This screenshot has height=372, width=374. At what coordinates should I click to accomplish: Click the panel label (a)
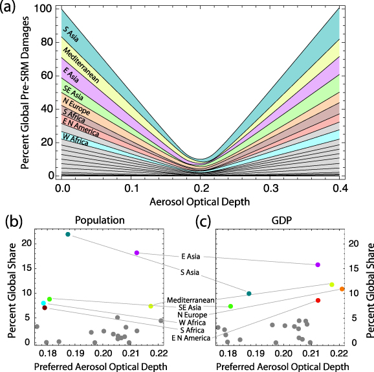(12, 10)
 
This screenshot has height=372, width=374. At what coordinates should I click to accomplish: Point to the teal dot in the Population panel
(68, 234)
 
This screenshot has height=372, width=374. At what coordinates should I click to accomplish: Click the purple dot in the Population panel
(137, 253)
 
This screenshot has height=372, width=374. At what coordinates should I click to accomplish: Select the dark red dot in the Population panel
(45, 308)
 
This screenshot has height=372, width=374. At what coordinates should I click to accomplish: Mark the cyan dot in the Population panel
(43, 303)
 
